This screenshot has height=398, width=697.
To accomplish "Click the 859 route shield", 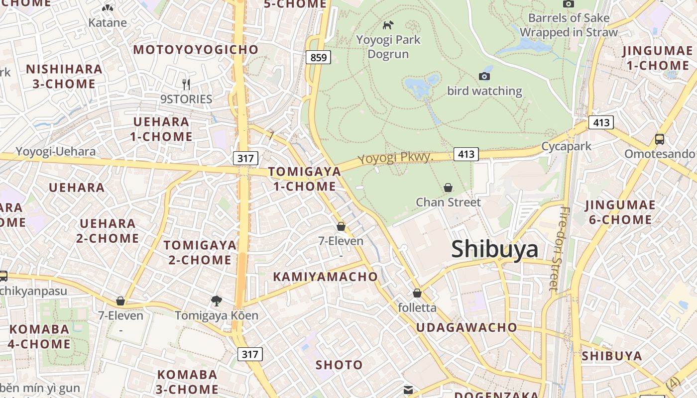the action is [318, 57].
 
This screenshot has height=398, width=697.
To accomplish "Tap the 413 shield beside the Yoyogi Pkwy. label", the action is [466, 154].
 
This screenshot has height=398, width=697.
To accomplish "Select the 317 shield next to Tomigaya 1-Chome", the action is [245, 159].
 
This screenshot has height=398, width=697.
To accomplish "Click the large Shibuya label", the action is [494, 249].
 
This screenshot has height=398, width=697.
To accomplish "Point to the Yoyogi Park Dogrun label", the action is [388, 47].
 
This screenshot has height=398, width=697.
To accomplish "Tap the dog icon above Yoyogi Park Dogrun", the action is [388, 24].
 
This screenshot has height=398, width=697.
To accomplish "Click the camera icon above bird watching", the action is [484, 76].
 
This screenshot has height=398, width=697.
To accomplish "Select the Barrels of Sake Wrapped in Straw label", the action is [569, 25].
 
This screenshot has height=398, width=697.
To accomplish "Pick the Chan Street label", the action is [448, 202].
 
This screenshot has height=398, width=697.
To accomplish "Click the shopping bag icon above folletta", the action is [417, 294].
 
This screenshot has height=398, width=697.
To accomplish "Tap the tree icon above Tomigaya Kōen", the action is [216, 300].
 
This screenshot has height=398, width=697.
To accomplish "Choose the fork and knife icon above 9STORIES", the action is [186, 84].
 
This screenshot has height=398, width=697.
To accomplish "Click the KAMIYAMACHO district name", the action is [325, 277].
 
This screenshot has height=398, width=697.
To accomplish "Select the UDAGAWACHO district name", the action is [466, 327].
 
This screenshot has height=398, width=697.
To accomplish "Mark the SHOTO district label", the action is [339, 365].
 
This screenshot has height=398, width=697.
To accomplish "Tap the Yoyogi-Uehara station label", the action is [55, 151].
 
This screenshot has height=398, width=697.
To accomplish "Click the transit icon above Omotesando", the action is [660, 139].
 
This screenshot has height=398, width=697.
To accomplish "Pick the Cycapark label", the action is [566, 146].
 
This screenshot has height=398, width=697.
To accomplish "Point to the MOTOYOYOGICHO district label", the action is [196, 50].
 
